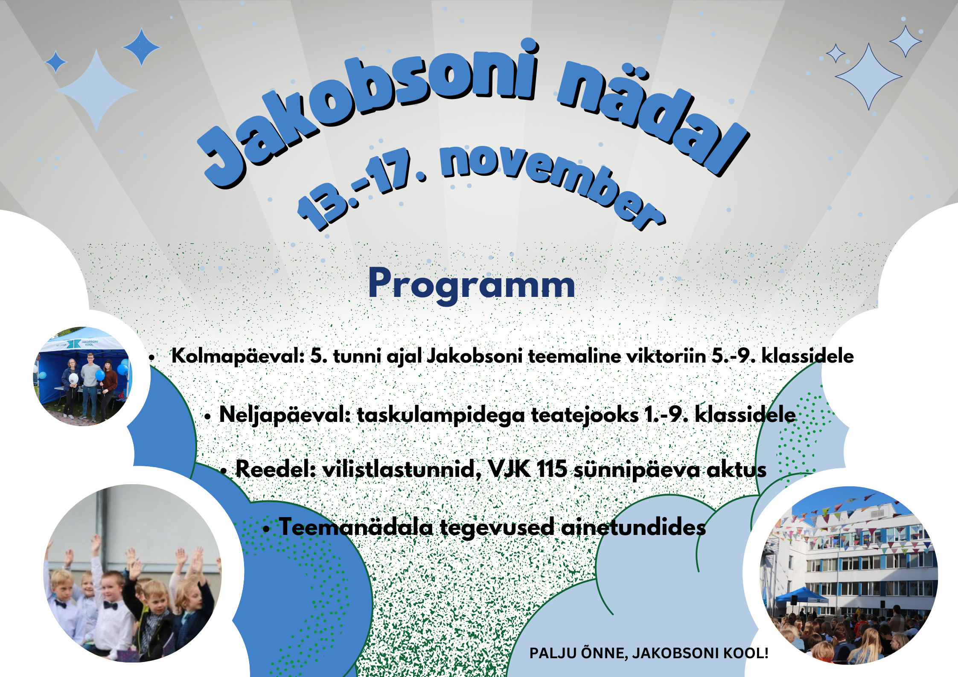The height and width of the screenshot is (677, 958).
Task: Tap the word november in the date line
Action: [550, 183]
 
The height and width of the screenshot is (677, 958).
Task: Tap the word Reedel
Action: [276, 469]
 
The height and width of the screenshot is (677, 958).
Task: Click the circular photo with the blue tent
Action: [83, 376]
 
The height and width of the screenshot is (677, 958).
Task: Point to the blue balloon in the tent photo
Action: [99, 375]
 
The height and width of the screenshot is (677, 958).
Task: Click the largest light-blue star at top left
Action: [96, 90]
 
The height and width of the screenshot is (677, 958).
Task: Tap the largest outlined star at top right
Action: [868, 77]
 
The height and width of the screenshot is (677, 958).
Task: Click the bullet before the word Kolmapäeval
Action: [152, 357]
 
